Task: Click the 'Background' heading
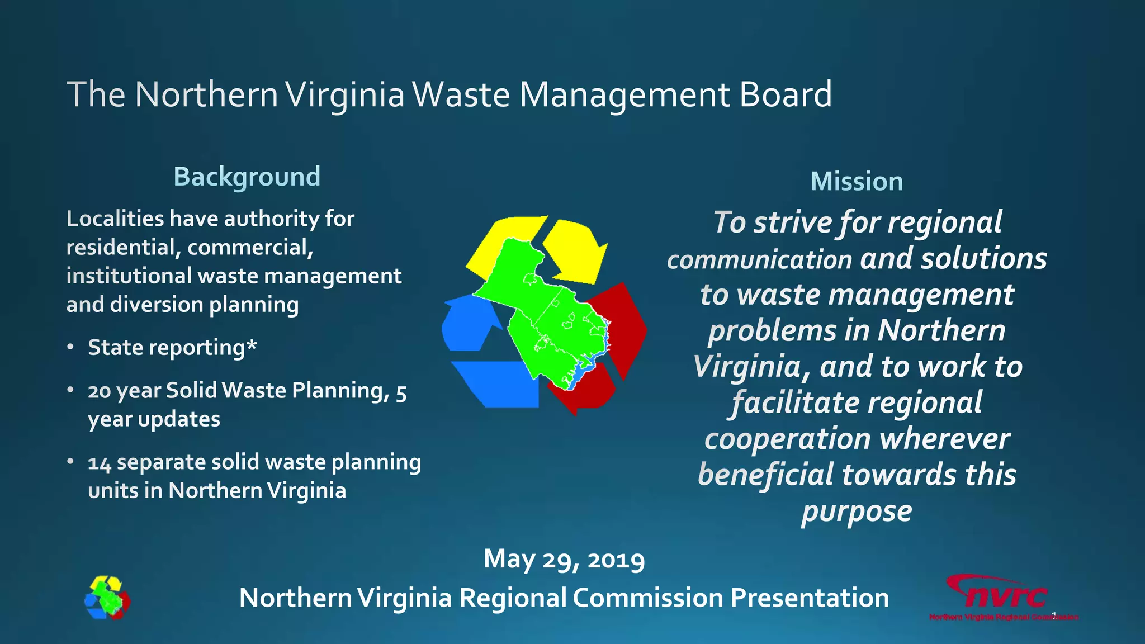click(247, 177)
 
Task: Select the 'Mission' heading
click(857, 182)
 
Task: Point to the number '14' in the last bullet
click(100, 463)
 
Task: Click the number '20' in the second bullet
click(99, 391)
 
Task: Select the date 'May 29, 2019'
click(564, 559)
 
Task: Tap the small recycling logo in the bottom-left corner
click(107, 598)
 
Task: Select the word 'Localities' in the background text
click(115, 219)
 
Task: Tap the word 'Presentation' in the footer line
click(810, 598)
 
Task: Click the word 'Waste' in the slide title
click(461, 94)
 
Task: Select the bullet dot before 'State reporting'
click(70, 348)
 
